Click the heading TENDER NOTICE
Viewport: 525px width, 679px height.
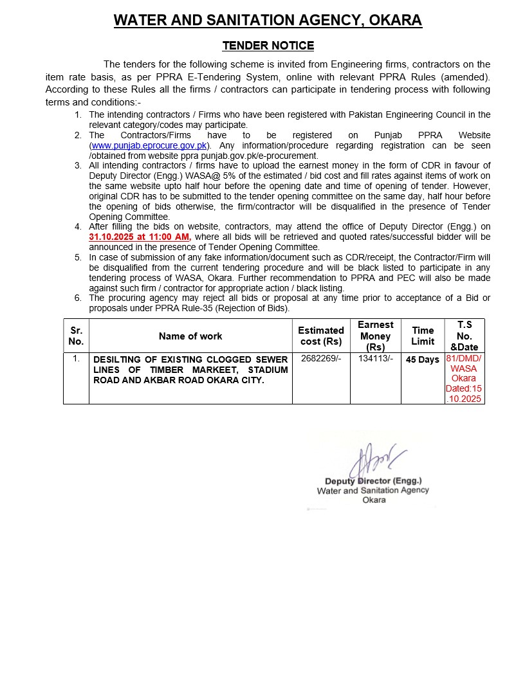pos(268,46)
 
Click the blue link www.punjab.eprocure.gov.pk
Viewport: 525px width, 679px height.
pos(149,145)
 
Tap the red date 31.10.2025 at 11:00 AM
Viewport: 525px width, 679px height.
pos(140,237)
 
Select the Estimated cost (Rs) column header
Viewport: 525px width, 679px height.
pos(321,336)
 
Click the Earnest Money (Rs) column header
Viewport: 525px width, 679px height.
pos(375,336)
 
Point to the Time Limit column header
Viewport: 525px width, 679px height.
pos(423,336)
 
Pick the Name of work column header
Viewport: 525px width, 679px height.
pos(190,336)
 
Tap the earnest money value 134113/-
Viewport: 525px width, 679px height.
pos(375,359)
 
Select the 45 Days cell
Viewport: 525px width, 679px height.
pos(423,360)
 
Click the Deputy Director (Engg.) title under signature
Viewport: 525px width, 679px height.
pos(373,481)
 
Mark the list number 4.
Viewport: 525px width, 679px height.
pos(78,226)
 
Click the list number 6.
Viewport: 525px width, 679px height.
pos(78,298)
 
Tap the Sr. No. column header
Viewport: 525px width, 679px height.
pos(76,336)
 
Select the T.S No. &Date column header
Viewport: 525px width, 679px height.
pos(465,336)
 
